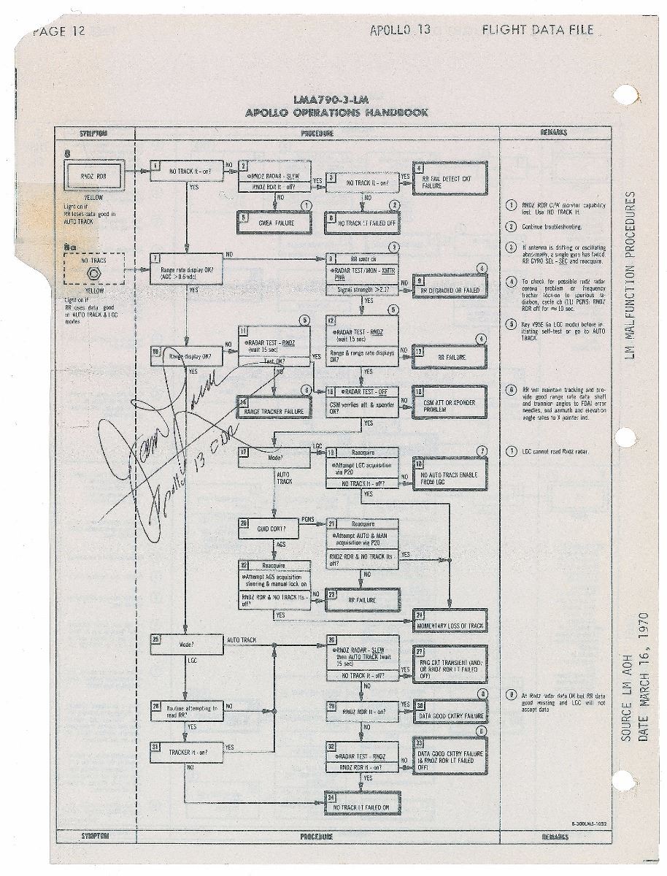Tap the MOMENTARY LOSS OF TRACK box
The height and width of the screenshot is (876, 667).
450,621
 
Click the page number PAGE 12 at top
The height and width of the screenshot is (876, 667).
60,31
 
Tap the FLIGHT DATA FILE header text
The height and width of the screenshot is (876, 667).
537,31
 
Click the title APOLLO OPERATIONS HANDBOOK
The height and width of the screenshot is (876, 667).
337,112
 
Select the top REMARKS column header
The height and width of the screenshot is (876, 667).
555,133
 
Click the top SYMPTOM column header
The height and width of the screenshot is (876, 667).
94,133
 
